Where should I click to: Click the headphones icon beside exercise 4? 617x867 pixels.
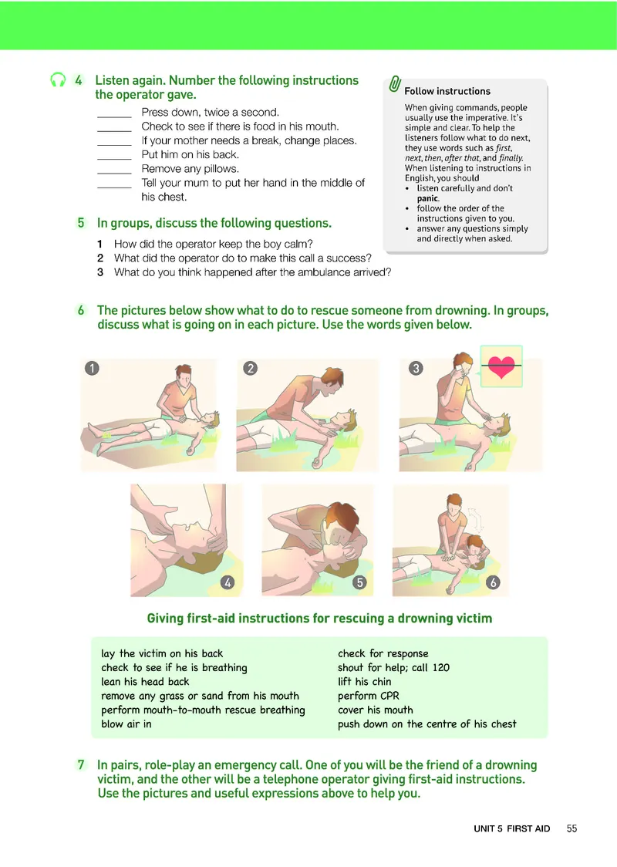click(58, 80)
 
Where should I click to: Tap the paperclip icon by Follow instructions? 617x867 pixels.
click(395, 84)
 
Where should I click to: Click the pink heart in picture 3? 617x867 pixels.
click(501, 366)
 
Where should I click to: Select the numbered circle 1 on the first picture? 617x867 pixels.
click(92, 368)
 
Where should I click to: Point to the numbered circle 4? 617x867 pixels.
click(228, 582)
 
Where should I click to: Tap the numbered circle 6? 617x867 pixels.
click(493, 582)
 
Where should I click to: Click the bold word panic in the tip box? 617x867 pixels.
click(428, 198)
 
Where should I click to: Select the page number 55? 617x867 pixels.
click(571, 828)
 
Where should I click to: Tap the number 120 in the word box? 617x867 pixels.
click(441, 667)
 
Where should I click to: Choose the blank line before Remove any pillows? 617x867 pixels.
click(114, 173)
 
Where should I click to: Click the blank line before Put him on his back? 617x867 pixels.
click(114, 159)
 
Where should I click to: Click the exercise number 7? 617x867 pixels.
click(81, 764)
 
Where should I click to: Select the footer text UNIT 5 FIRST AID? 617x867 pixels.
click(512, 828)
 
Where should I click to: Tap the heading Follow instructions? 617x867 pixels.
click(447, 91)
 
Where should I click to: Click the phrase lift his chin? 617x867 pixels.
click(364, 682)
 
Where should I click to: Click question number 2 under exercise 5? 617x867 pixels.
click(100, 258)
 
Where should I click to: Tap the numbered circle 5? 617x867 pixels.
click(359, 582)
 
